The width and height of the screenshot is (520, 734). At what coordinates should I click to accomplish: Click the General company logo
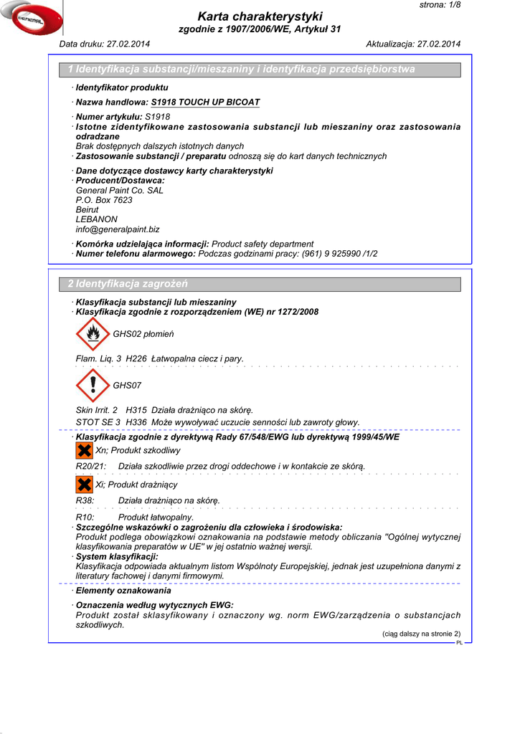coord(32,19)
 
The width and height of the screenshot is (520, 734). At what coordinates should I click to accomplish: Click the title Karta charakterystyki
coord(260,16)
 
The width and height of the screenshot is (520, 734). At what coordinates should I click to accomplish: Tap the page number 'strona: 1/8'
coord(440,5)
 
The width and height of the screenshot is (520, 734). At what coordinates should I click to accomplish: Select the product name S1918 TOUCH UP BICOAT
coord(205,103)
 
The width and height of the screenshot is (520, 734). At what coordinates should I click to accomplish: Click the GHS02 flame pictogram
coord(93,334)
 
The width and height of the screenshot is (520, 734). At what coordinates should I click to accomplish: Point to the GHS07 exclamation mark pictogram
coord(93,386)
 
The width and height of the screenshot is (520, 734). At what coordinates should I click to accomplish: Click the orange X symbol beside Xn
coord(84,450)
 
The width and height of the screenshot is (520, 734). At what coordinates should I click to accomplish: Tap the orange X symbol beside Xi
coord(84,485)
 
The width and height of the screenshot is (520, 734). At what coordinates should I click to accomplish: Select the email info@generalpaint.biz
coord(118,229)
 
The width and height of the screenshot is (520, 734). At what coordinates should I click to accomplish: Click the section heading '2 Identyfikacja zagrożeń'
coord(128,285)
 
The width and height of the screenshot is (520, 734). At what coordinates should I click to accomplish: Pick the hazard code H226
coord(136,358)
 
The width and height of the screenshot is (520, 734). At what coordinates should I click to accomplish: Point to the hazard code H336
coord(136,422)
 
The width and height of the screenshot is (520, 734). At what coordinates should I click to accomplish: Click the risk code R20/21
coord(91,467)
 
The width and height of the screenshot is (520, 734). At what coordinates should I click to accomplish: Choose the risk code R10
coord(85,517)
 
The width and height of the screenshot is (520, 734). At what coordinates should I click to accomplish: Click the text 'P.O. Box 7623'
coord(104,200)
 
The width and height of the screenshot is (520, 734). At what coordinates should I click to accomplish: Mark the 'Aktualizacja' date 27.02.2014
coord(438,44)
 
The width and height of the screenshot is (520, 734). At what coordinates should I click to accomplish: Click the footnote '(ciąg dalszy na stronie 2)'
coord(420,634)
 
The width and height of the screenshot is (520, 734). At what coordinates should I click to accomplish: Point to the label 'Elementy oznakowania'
coord(123,591)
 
